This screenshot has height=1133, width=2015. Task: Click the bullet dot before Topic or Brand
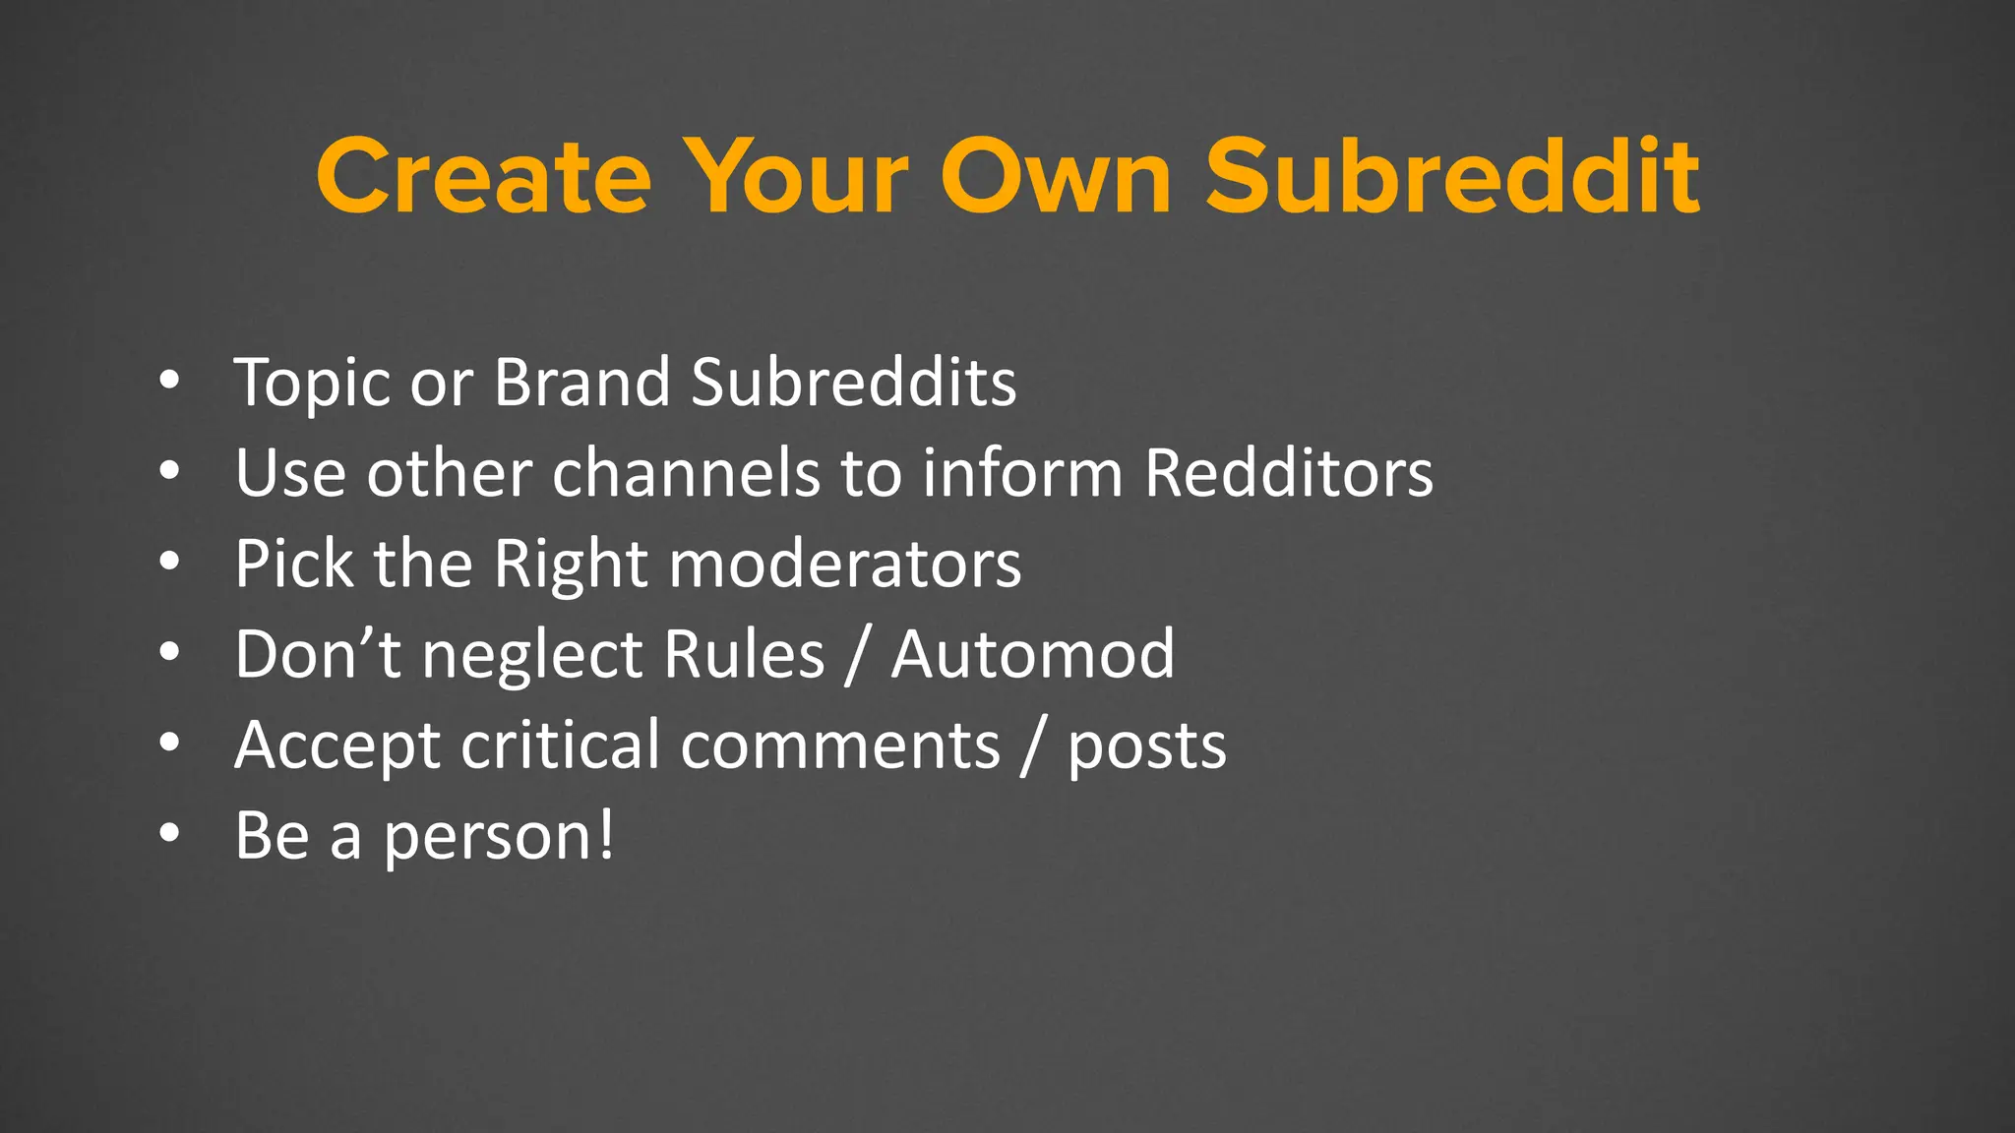point(169,381)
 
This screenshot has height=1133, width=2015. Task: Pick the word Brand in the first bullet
point(581,382)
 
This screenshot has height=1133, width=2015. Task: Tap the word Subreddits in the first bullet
point(853,382)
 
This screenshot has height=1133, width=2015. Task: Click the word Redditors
point(1289,473)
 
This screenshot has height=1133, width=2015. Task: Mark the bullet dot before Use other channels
point(169,472)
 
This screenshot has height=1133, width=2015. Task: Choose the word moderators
point(845,564)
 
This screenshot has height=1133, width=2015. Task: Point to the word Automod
point(1033,654)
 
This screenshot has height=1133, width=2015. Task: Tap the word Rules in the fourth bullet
point(744,654)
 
